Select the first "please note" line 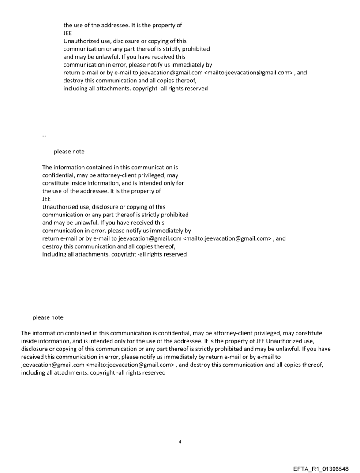(69, 152)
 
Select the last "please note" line (48, 317)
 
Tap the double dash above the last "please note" (23, 302)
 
